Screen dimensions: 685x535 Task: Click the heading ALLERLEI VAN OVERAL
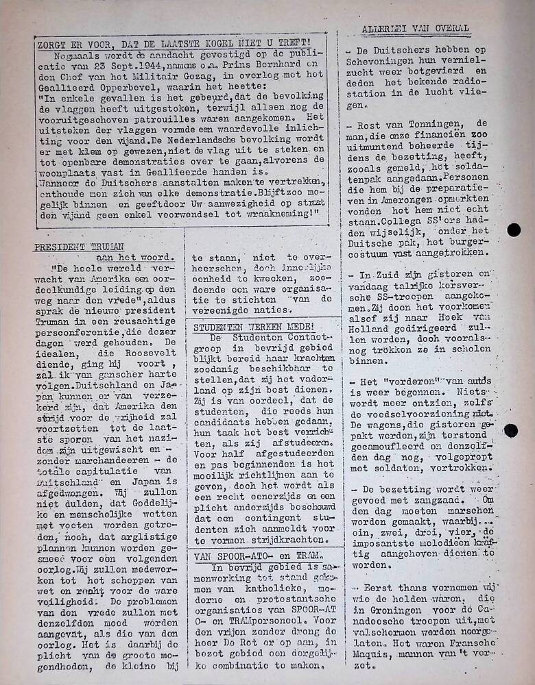(x=416, y=29)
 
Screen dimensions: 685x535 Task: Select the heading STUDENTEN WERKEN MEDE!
(x=254, y=327)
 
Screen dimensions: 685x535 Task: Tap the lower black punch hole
(x=510, y=430)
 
